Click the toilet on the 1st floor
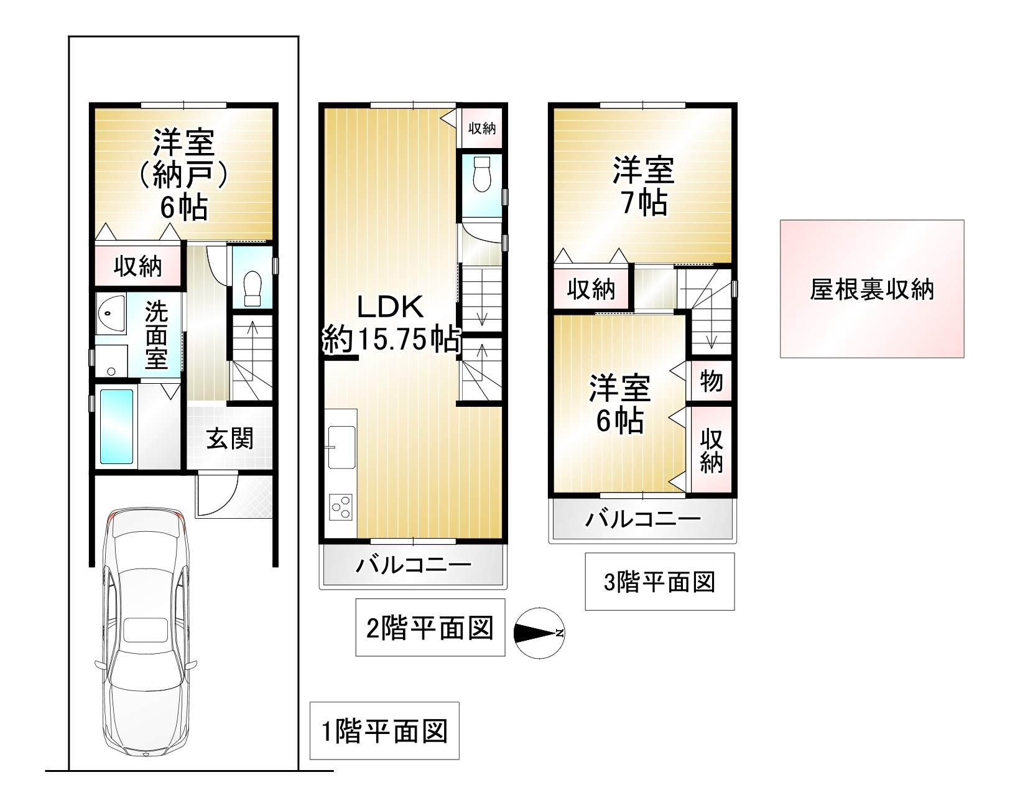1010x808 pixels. (253, 288)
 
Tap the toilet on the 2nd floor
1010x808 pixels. (482, 174)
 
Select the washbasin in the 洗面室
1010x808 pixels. (111, 314)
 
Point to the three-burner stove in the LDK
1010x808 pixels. (341, 506)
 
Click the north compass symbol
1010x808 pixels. (539, 633)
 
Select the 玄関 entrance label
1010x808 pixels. (230, 439)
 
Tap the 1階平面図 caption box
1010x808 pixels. (384, 730)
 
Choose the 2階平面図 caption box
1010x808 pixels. (430, 627)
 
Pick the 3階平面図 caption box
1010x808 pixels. (659, 582)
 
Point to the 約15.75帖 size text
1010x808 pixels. (391, 339)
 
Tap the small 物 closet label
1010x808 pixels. (711, 381)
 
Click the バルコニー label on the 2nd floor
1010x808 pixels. (414, 565)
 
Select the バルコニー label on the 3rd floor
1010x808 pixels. (643, 519)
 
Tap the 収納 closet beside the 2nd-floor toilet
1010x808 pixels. (481, 128)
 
